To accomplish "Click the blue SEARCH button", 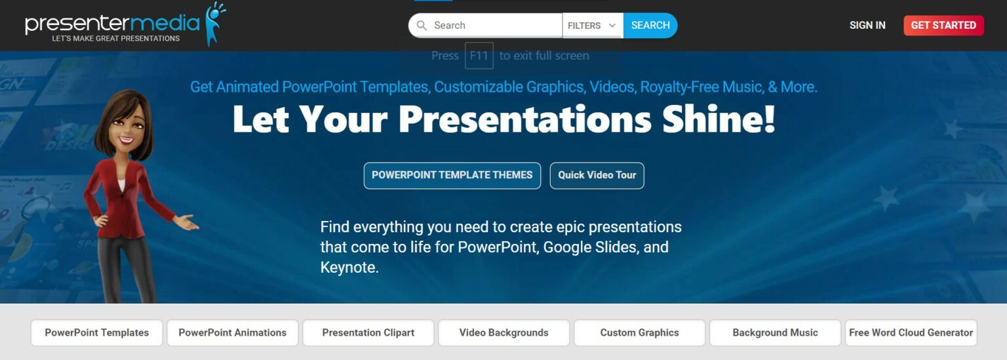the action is (650, 25).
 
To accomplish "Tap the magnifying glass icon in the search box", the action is (422, 25).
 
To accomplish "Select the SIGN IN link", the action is (867, 25).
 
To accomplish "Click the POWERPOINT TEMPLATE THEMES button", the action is (452, 175).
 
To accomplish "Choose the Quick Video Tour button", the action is (597, 175).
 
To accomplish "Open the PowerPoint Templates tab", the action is (96, 332).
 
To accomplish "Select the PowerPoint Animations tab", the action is (233, 332).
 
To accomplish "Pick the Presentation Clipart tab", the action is (368, 332).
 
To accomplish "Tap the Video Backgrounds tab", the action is (504, 332).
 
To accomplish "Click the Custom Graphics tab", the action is (639, 332).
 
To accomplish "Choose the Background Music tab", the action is (775, 332).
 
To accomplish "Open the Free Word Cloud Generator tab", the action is (911, 332).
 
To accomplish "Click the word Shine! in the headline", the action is (719, 119).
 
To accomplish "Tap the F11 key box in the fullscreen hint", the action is (479, 56).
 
